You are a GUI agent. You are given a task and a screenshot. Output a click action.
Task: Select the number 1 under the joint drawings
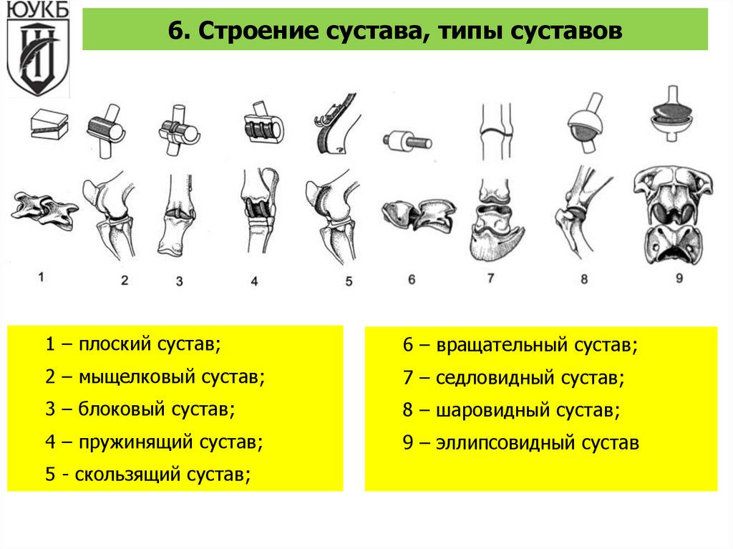coord(42,276)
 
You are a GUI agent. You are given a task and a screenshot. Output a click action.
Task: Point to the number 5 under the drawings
coord(349,281)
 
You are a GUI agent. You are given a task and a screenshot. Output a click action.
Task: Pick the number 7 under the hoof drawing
coord(490,278)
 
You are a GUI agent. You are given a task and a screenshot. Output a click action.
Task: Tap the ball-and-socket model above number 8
coord(585,122)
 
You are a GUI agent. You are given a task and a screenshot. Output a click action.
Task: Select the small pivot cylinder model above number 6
coord(407,140)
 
